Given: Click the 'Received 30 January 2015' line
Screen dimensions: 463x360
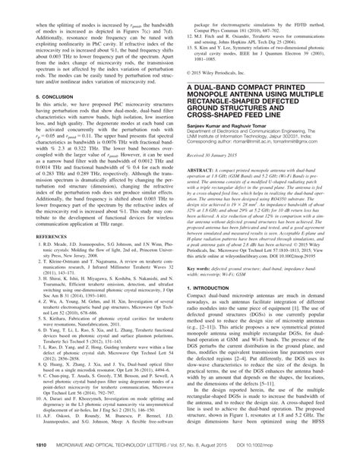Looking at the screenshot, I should coord(220,176).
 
